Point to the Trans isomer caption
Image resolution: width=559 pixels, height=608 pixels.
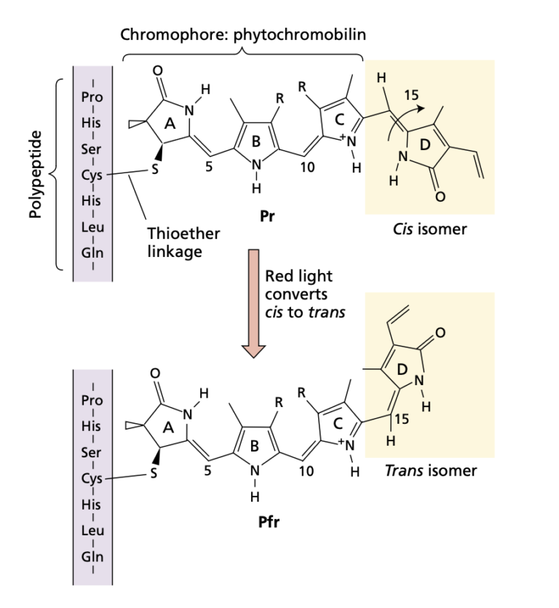coord(431,470)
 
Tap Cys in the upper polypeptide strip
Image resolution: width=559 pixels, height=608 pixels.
coord(92,175)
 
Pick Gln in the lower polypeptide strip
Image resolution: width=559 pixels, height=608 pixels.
coord(92,557)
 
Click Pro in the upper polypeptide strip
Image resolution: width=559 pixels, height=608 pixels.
coord(92,96)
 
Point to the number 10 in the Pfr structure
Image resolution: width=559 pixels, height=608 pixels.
coord(306,472)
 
